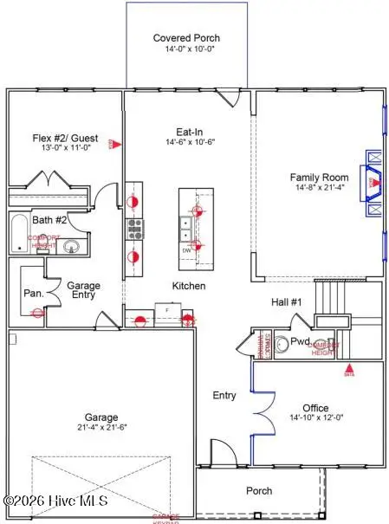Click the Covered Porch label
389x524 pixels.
[x=186, y=38]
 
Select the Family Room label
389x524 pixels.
[x=319, y=178]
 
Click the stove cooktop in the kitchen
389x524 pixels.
[x=135, y=229]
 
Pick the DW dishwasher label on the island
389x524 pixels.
[x=186, y=250]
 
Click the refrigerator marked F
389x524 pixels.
[x=167, y=308]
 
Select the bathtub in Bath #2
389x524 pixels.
[x=19, y=233]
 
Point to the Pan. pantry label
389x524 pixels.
[x=34, y=294]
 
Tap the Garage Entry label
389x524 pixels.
[x=84, y=290]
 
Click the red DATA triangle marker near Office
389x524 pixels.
[x=349, y=369]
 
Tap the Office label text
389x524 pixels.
[x=315, y=408]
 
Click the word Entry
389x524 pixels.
[x=224, y=396]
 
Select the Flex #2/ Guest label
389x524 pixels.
[x=65, y=138]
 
